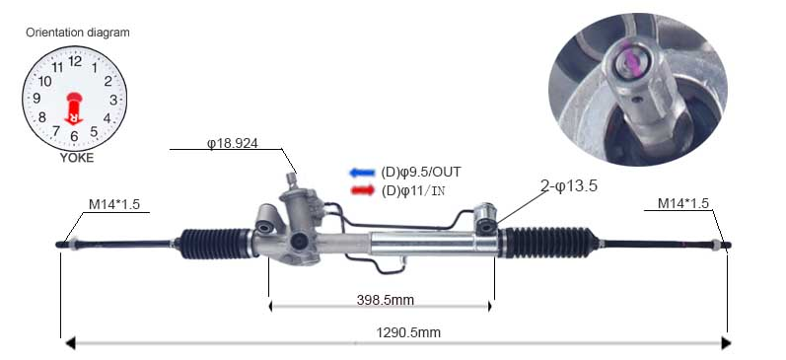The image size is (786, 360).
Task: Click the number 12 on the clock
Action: [75, 61]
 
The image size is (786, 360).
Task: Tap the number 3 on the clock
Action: [113, 100]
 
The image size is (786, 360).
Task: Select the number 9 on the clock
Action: [36, 99]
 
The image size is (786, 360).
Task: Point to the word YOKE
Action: [77, 158]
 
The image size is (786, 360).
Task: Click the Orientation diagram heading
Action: [78, 33]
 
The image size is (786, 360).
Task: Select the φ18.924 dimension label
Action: [232, 143]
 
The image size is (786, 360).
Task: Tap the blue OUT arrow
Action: [362, 173]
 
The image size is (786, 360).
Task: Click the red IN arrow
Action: [362, 190]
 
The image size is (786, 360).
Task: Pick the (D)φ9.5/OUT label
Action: [420, 173]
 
